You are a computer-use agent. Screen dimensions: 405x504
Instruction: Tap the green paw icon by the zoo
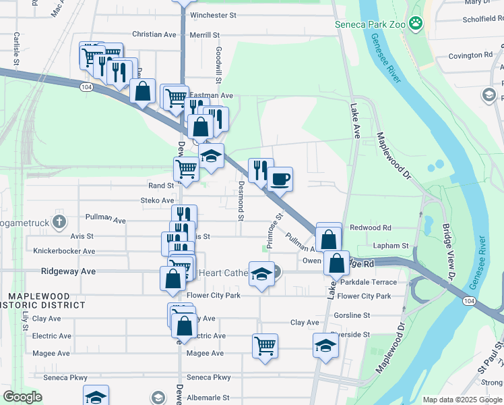[x=416, y=24]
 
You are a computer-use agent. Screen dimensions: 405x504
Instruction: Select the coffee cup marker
[x=280, y=180]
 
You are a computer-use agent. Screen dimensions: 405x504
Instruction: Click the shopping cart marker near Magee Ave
[x=265, y=346]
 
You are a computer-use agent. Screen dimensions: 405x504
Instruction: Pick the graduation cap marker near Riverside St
[x=326, y=346]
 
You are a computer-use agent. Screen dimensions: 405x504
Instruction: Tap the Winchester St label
[x=214, y=15]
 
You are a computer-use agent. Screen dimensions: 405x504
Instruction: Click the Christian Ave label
[x=154, y=34]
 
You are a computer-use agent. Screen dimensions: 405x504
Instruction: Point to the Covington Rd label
[x=470, y=55]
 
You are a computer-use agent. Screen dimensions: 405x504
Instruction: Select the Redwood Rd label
[x=370, y=228]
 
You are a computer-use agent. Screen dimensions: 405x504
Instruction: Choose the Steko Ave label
[x=157, y=200]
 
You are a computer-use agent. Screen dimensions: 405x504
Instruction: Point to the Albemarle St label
[x=208, y=398]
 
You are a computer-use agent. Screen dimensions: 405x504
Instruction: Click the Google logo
[x=22, y=397]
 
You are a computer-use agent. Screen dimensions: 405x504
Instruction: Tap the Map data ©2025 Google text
[x=462, y=400]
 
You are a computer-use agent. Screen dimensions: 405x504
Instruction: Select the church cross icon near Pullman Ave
[x=59, y=221]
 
